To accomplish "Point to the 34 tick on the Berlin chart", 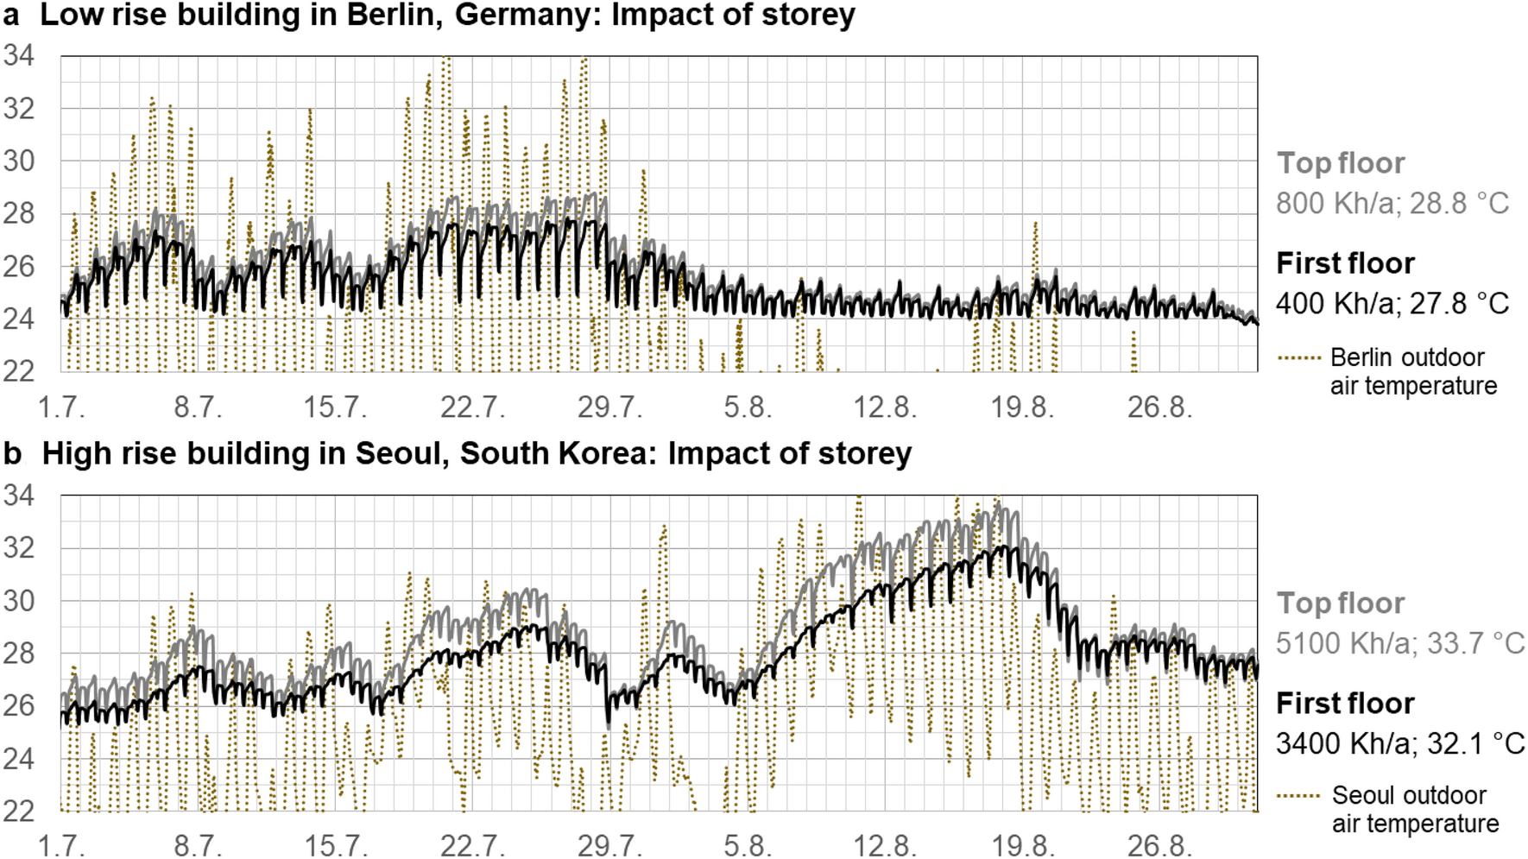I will click(x=18, y=56).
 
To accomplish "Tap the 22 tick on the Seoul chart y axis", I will click(x=18, y=812).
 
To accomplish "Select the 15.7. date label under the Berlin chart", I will click(x=335, y=407).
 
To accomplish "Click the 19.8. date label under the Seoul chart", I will click(x=1022, y=845).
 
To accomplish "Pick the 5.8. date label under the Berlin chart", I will click(x=748, y=407).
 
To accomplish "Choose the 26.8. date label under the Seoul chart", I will click(x=1159, y=845).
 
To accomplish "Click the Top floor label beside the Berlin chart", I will click(x=1341, y=163).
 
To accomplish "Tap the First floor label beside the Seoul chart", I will click(x=1345, y=704).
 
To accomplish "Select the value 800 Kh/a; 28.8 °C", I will click(x=1392, y=204).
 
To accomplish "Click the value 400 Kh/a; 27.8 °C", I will click(x=1392, y=304).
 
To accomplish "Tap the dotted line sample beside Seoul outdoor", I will click(x=1298, y=796).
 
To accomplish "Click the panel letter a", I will click(x=11, y=15).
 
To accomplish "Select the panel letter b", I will click(x=12, y=453).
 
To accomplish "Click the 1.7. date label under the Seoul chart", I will click(x=62, y=845).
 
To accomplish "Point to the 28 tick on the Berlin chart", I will click(x=18, y=213).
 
